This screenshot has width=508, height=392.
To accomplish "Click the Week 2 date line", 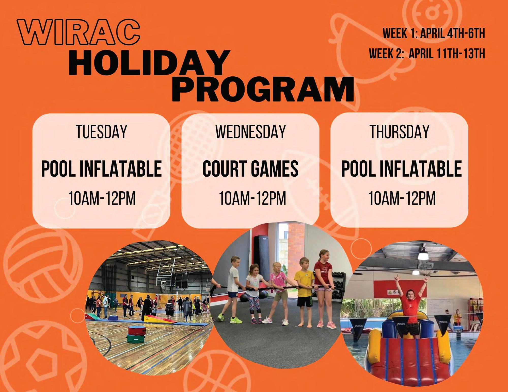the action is (x=427, y=54).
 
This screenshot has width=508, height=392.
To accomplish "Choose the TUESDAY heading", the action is (x=101, y=132).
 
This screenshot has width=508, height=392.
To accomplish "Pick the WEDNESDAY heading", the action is (x=250, y=132).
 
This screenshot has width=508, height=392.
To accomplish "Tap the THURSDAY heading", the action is (x=399, y=132).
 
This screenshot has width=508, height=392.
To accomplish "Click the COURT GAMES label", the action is (x=250, y=168).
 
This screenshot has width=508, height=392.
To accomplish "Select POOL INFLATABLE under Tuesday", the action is (x=101, y=168).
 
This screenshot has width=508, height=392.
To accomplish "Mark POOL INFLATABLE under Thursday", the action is (x=401, y=168).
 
